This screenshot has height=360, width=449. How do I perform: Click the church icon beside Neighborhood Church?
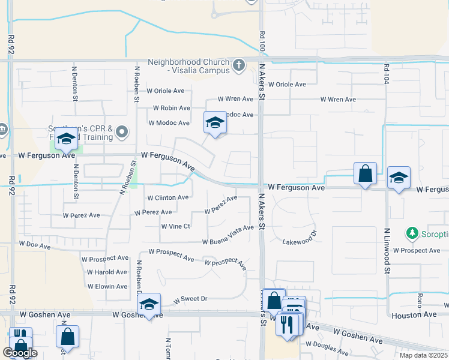[x=239, y=64]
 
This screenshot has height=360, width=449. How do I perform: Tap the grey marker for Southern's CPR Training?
[x=122, y=131]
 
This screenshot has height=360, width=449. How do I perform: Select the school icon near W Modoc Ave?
[x=215, y=123]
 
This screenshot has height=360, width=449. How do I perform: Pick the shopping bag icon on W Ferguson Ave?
[x=365, y=174]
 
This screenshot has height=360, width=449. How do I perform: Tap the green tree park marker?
[x=412, y=232]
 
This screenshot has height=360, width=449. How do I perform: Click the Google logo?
[x=20, y=353]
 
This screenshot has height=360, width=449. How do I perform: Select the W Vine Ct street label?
[x=175, y=226]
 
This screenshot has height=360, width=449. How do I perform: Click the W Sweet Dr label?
[x=190, y=299]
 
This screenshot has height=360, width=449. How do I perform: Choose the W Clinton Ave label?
[x=167, y=197]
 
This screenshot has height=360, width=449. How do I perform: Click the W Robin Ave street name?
[x=172, y=109]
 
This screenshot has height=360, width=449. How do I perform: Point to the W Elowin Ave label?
[x=107, y=286]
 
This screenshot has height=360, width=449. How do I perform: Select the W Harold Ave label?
[x=107, y=272]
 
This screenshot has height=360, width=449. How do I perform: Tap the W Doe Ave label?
[x=33, y=244]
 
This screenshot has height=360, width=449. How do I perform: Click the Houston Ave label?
[x=414, y=314]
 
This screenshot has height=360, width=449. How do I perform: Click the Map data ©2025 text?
[x=423, y=355]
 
